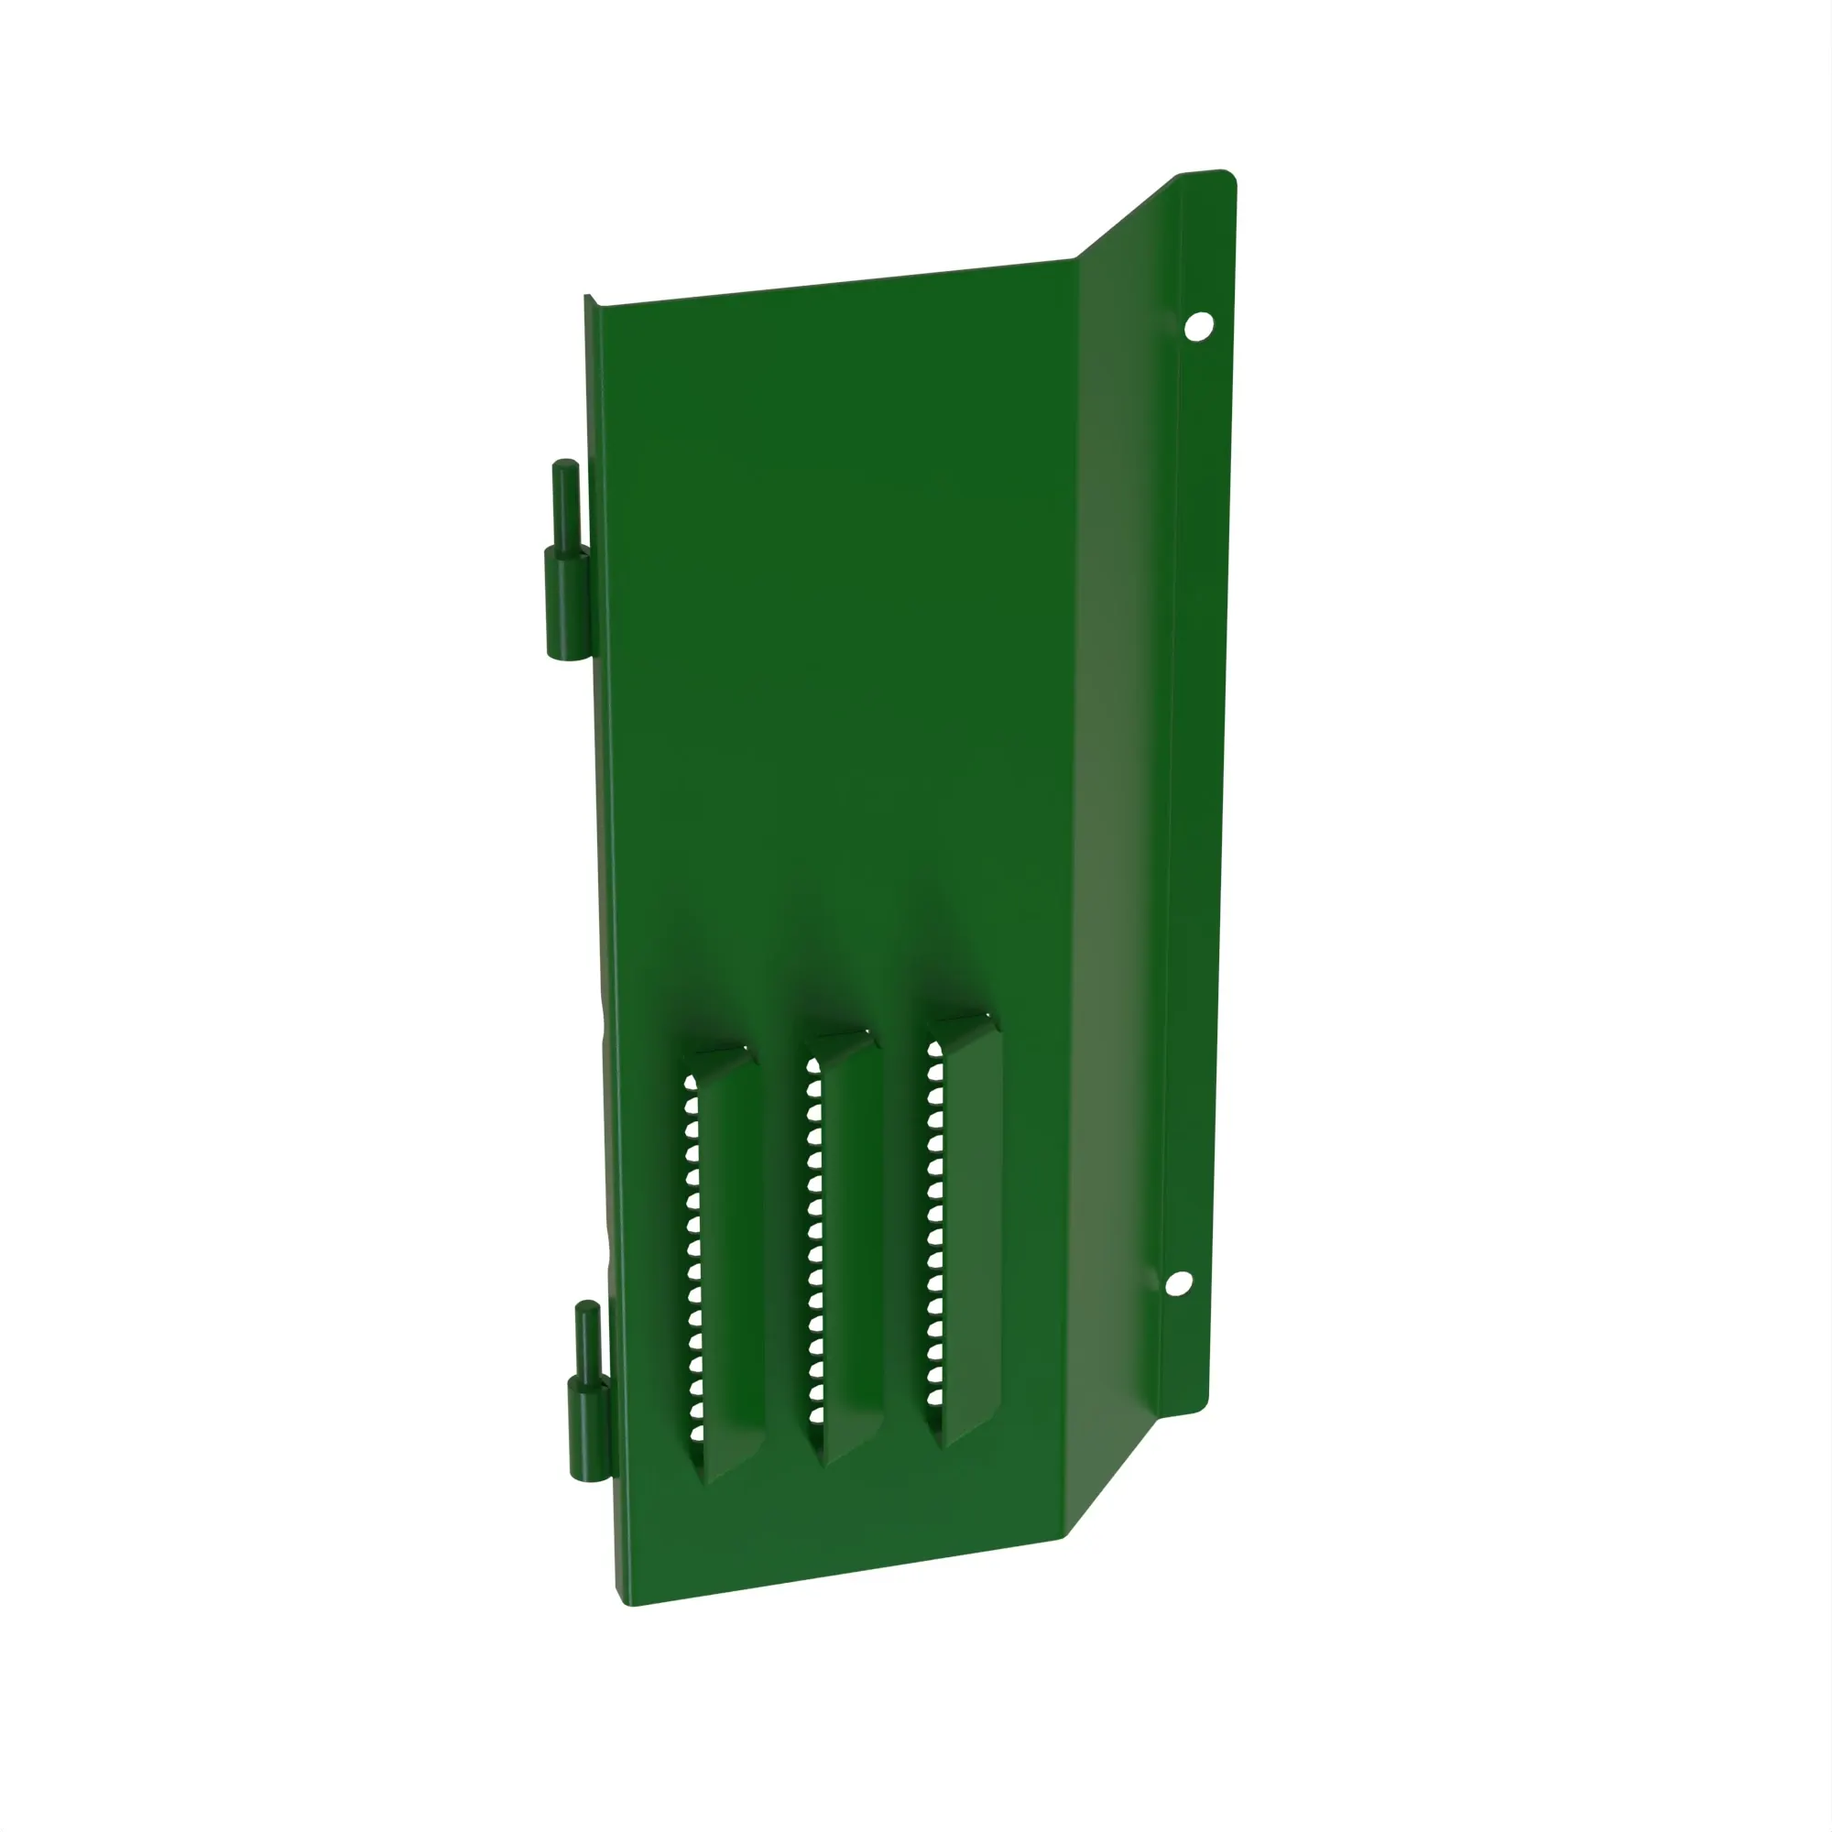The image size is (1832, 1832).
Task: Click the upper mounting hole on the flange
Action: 1198,326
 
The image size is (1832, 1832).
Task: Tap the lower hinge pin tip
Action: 587,1310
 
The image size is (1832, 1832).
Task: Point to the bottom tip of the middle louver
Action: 823,1461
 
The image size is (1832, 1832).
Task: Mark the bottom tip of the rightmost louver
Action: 943,1443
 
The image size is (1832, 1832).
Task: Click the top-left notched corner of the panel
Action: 590,299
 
